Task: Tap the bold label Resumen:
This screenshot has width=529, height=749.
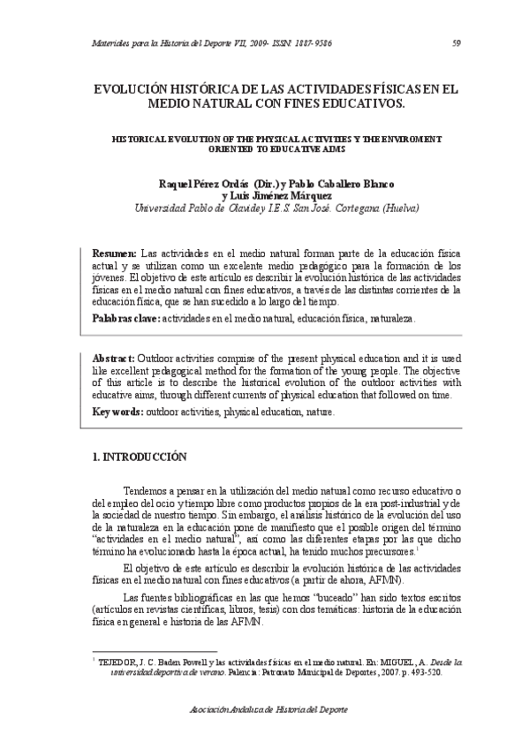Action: (x=115, y=252)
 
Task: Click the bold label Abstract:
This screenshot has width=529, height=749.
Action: (x=114, y=359)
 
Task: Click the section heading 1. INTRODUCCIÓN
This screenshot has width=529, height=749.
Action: (x=140, y=458)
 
